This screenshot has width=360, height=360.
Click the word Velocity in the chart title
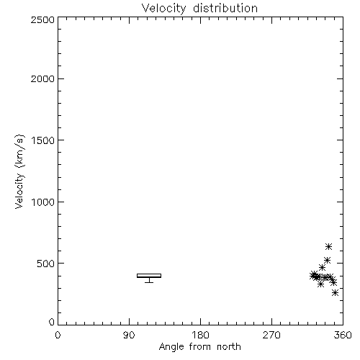point(164,9)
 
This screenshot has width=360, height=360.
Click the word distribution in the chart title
point(225,8)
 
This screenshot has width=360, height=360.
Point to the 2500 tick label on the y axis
point(42,19)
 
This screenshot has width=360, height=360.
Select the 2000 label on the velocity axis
point(42,78)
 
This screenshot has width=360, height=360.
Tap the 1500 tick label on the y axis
point(43,140)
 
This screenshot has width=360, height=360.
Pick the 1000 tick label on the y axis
point(43,202)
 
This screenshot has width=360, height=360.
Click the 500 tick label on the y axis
point(46,264)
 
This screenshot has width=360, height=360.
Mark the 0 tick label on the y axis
point(52,322)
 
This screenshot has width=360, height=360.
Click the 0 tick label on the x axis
point(58,335)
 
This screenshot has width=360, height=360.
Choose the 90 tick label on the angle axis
point(129,335)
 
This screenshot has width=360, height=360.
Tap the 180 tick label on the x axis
point(200,335)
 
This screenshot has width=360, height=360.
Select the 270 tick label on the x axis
point(271,335)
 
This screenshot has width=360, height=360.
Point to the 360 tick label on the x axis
point(343,335)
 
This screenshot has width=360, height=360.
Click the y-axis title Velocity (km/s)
point(19,171)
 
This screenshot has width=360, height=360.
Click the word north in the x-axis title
point(229,347)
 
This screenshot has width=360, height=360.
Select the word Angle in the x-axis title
point(171,347)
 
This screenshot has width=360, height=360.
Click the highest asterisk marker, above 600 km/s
point(328,246)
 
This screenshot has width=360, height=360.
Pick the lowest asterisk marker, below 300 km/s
point(335,293)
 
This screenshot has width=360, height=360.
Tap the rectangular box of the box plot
point(149,274)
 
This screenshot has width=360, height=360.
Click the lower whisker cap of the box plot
point(149,282)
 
